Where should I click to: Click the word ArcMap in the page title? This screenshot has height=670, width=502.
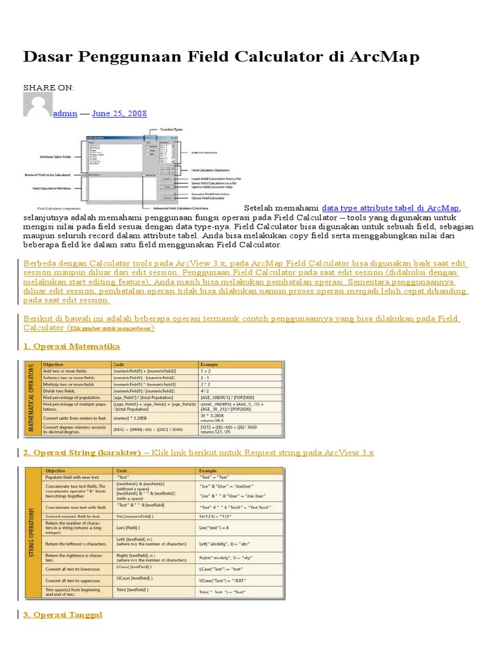tap(382, 58)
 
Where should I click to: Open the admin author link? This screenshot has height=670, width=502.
tap(65, 113)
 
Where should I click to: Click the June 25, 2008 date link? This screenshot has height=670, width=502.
tap(120, 113)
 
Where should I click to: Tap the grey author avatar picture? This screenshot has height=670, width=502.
tap(37, 105)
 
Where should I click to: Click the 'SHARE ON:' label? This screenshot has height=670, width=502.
tap(49, 88)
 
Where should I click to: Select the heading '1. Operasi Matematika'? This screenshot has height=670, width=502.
tap(72, 345)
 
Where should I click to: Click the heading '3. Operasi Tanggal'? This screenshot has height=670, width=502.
tap(63, 615)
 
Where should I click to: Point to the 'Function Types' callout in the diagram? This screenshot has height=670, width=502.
tap(169, 130)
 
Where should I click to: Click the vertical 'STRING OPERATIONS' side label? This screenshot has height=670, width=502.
tap(31, 533)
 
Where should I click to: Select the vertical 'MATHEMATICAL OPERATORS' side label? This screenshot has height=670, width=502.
tap(31, 398)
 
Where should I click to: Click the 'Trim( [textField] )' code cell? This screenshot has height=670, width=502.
tap(133, 590)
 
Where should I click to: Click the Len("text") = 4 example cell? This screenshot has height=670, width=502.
tap(214, 528)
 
